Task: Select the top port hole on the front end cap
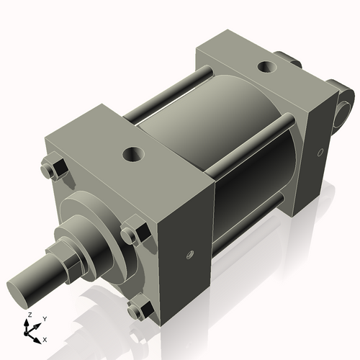point(133,153)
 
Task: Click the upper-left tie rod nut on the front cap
point(51,170)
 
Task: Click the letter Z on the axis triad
point(28,315)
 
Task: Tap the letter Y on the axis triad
point(45,318)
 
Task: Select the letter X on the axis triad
point(45,338)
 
